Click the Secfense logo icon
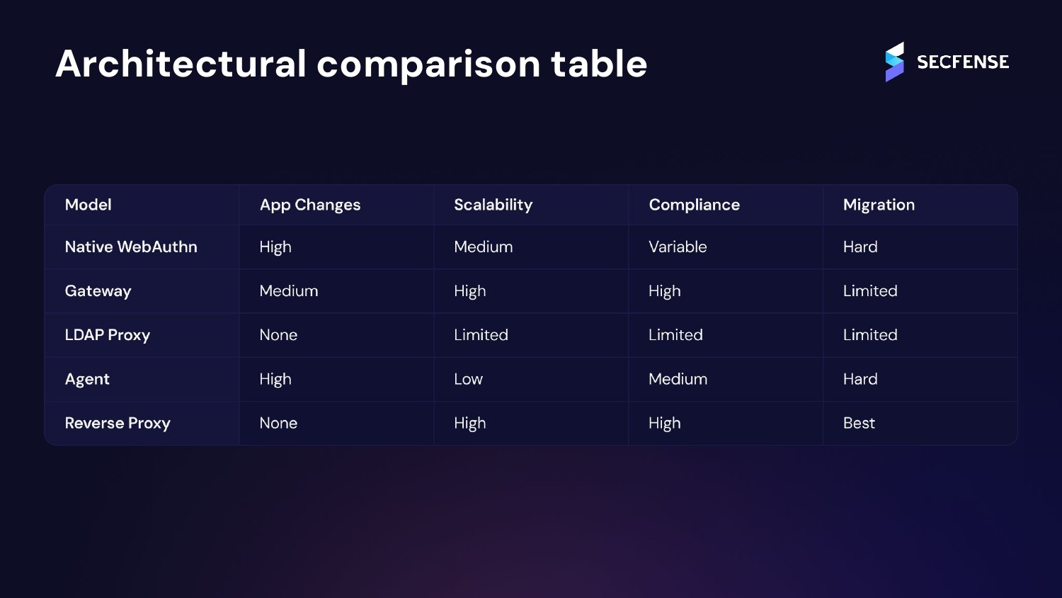click(x=894, y=62)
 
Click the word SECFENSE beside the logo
click(x=963, y=62)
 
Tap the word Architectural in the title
click(x=181, y=64)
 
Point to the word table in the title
click(x=599, y=64)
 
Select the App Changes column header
click(x=310, y=205)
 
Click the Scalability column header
click(x=493, y=205)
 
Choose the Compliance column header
click(x=694, y=205)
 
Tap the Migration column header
click(x=879, y=205)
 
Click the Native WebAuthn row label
click(x=131, y=247)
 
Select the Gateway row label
click(x=98, y=291)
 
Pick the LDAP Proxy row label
click(x=108, y=335)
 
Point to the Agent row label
click(x=87, y=379)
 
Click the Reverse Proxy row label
click(x=118, y=423)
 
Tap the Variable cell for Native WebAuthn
click(x=678, y=247)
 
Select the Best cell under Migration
click(x=859, y=423)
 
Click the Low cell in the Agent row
click(x=468, y=379)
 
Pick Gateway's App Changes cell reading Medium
click(x=289, y=291)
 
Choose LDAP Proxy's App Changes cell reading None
click(x=278, y=335)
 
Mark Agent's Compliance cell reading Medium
click(x=678, y=379)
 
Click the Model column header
click(x=88, y=205)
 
